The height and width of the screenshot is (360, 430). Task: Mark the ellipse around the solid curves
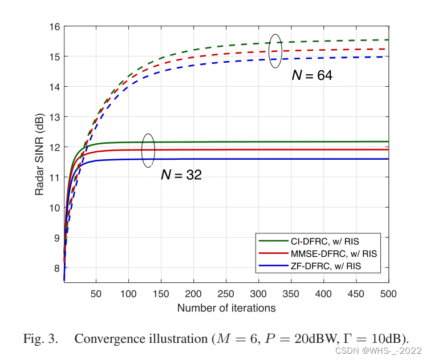[148, 150]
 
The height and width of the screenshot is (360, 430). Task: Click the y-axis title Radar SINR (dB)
[39, 154]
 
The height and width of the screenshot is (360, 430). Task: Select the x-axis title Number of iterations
[226, 308]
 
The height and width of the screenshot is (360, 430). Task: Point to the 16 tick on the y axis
[55, 27]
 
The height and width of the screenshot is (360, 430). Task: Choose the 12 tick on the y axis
[55, 147]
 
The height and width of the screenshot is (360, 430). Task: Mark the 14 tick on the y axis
[55, 87]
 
